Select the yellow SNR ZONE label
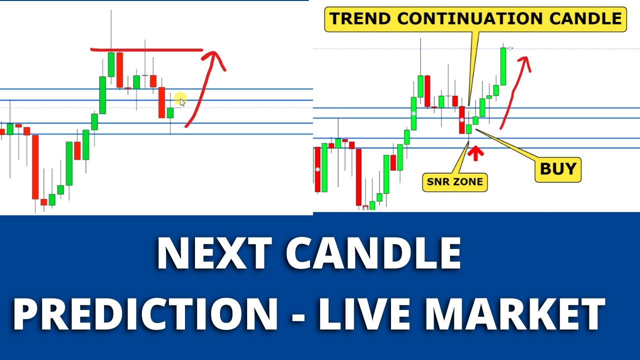(455, 181)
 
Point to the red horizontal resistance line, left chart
(146, 50)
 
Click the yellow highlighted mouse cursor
(181, 99)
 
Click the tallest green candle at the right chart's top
(502, 67)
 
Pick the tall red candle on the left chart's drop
(35, 166)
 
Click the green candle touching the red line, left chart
(111, 64)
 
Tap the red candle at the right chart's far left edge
(317, 169)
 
